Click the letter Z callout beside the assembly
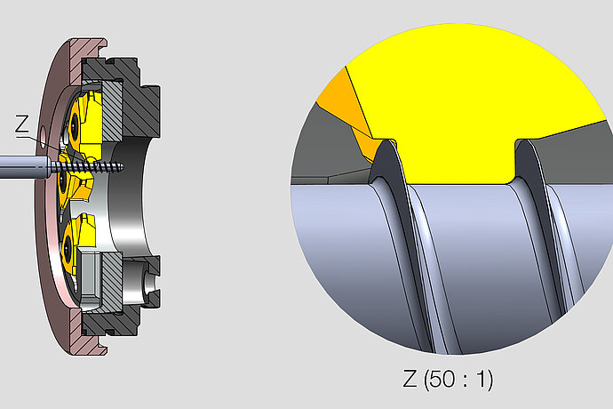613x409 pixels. tap(22, 126)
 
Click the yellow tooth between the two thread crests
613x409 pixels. tap(453, 160)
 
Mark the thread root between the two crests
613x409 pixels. tap(458, 222)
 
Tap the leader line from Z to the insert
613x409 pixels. tap(39, 138)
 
